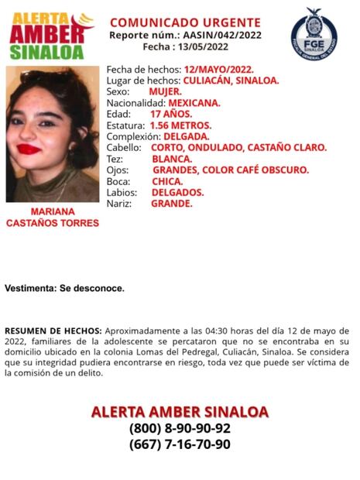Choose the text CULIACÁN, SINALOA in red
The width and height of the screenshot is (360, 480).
pos(231,80)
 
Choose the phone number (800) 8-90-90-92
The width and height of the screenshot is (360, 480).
pos(180,428)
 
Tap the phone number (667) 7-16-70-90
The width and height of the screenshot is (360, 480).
pos(180,444)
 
